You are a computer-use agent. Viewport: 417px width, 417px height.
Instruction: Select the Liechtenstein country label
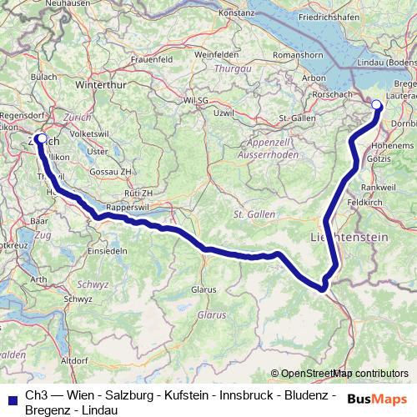(355, 238)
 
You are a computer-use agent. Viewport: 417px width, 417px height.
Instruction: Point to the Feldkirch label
(364, 202)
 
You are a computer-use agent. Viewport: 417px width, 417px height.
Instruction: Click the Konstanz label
(236, 13)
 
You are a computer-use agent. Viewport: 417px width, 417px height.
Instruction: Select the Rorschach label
(338, 93)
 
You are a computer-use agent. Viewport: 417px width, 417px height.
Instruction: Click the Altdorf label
(74, 360)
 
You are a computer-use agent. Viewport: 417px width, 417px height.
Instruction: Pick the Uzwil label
(223, 112)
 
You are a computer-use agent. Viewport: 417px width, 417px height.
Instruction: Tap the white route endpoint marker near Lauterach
(376, 105)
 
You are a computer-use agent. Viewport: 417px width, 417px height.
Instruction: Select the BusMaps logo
(376, 399)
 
